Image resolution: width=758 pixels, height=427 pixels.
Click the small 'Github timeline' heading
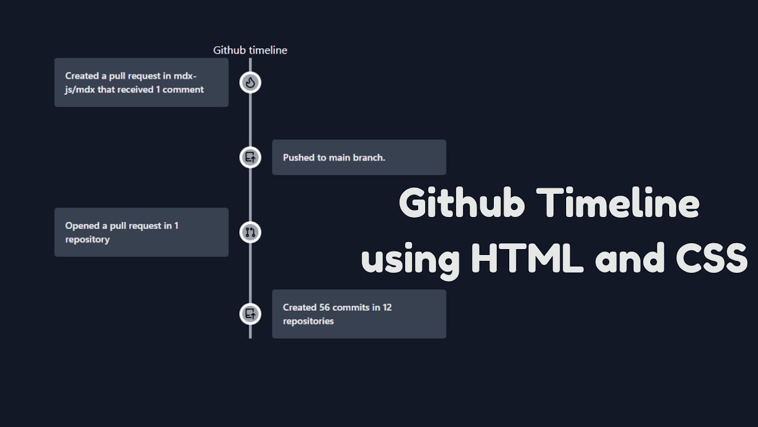pyautogui.click(x=250, y=50)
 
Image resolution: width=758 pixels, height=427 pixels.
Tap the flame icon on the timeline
pyautogui.click(x=250, y=82)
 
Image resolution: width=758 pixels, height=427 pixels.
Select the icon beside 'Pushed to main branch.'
pyautogui.click(x=250, y=157)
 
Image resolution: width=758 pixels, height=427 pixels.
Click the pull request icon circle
pyautogui.click(x=250, y=232)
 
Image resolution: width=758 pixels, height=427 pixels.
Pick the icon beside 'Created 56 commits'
pyautogui.click(x=250, y=314)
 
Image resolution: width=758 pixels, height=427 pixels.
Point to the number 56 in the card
pyautogui.click(x=325, y=307)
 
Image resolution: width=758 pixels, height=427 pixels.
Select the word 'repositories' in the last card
pyautogui.click(x=309, y=321)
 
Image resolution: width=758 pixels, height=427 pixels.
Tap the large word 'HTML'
pyautogui.click(x=527, y=259)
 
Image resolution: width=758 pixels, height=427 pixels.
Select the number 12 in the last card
pyautogui.click(x=387, y=307)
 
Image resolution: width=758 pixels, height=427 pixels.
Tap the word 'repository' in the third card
pyautogui.click(x=88, y=240)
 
